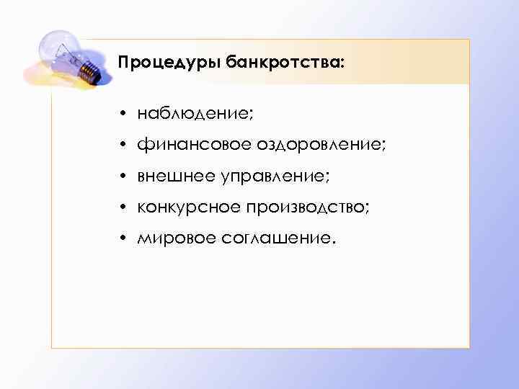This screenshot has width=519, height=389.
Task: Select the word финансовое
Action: coord(192,146)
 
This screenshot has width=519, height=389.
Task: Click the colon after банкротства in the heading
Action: coord(343,65)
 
